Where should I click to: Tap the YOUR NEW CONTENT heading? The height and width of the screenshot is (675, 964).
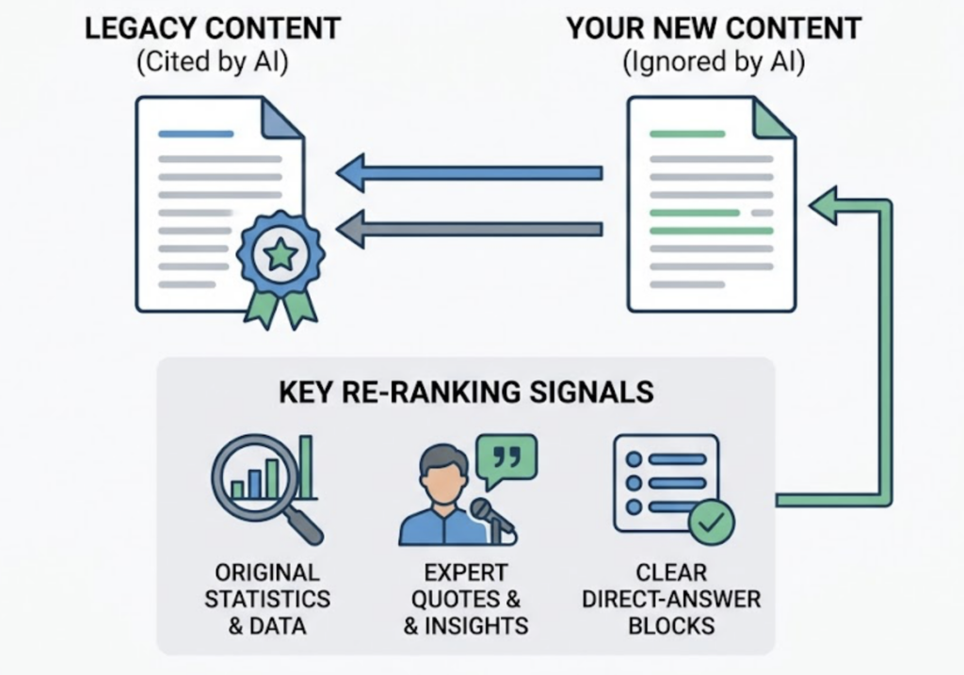tap(713, 28)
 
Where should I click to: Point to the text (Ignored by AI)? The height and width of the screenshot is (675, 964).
tap(713, 65)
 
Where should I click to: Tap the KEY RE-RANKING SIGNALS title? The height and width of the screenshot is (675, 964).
tap(466, 392)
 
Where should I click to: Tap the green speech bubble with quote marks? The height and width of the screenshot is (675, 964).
tap(506, 458)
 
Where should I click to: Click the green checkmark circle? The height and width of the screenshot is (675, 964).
tap(712, 521)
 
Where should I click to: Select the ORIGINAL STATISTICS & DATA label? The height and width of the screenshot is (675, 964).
tap(267, 599)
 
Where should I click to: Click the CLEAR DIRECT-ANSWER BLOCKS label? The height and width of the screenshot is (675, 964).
tap(671, 599)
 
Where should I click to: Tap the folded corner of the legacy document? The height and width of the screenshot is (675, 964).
tap(281, 116)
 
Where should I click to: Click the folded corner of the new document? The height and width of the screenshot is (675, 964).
tap(774, 116)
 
